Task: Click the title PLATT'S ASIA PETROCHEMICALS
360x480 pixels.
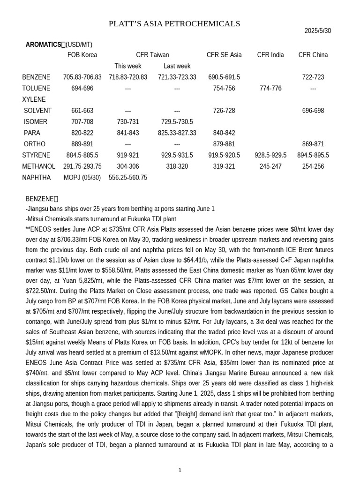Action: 174,24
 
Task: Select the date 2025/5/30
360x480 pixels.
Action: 317,31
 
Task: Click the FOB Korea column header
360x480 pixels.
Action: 82,55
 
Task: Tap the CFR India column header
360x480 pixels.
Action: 270,55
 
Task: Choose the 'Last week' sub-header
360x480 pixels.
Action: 177,66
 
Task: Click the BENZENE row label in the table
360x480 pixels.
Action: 36,77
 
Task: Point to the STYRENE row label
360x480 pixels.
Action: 36,155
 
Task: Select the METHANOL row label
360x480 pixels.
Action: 38,166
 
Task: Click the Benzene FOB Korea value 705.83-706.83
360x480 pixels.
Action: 82,77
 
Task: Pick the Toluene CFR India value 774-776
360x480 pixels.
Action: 270,89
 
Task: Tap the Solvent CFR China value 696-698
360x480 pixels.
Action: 313,111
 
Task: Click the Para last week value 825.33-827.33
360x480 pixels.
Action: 177,133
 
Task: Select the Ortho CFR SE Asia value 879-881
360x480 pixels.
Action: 224,144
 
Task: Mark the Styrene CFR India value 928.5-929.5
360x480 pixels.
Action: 270,155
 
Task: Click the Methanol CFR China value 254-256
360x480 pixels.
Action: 313,166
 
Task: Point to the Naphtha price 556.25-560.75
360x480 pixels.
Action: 128,178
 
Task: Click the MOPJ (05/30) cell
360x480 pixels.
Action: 82,178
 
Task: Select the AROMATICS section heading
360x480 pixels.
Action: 43,45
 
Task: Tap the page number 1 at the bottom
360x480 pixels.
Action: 180,470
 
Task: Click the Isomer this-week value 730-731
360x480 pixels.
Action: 128,122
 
